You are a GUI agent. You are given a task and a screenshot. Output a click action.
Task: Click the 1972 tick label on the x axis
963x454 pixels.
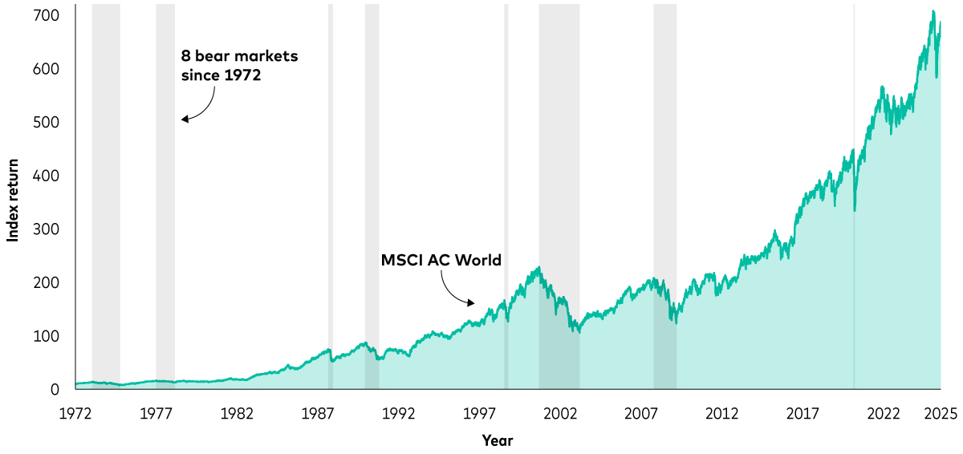(75, 414)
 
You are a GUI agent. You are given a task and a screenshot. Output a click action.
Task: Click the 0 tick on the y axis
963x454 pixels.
(55, 390)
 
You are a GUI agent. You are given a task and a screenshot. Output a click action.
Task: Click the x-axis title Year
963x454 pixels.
(498, 440)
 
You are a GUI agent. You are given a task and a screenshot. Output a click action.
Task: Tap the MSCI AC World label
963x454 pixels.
(441, 260)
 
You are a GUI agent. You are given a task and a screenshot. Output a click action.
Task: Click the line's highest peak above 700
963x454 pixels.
(933, 11)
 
